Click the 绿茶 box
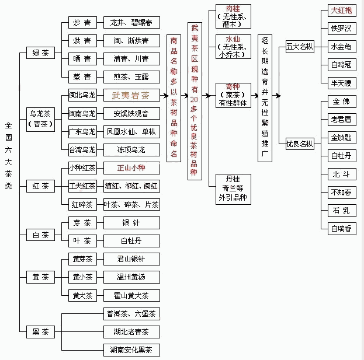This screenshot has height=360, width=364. click(x=41, y=53)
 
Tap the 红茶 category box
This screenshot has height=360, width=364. click(x=41, y=187)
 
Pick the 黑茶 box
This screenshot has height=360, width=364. click(x=41, y=331)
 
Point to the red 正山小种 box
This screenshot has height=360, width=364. click(x=130, y=168)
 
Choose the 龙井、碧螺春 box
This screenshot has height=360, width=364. click(x=130, y=23)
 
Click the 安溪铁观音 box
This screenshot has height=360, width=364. click(x=130, y=114)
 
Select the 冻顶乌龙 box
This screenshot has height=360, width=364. click(x=130, y=150)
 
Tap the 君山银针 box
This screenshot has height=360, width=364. click(x=130, y=259)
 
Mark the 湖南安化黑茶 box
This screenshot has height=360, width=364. click(x=130, y=350)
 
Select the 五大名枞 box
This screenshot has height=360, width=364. click(x=300, y=47)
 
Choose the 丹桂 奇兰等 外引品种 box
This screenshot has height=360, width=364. click(x=233, y=188)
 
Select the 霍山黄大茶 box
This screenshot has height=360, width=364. click(x=130, y=295)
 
